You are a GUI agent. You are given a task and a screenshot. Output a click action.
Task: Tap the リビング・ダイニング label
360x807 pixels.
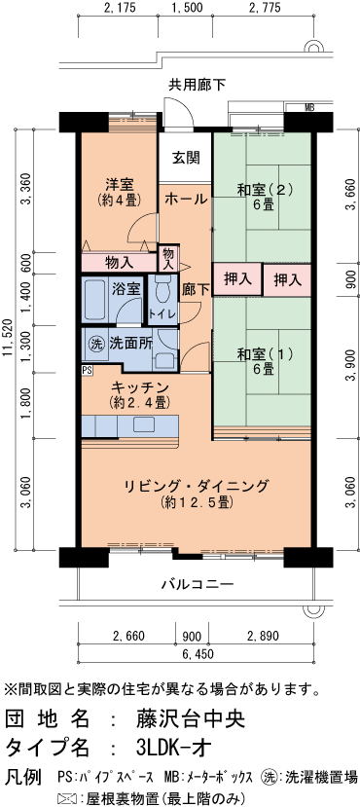[x=196, y=486]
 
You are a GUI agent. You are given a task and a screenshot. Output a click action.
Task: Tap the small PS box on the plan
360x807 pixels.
[x=87, y=370]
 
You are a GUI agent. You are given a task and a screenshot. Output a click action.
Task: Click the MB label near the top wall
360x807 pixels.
[x=308, y=107]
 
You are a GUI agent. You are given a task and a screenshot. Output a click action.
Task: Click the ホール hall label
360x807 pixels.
[x=185, y=199]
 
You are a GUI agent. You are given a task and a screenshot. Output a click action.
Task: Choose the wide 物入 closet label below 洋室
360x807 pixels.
[x=119, y=261]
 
